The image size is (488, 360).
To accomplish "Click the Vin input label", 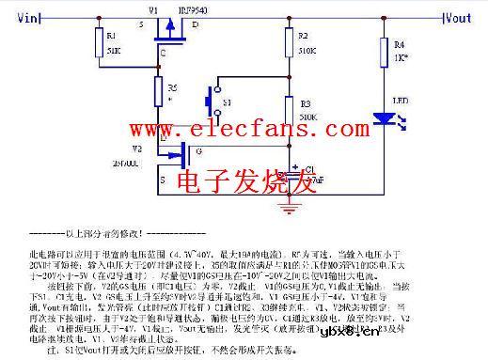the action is click(27, 17).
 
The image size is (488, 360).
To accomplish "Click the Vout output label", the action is click(458, 17).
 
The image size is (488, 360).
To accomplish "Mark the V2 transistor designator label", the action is click(136, 148).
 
